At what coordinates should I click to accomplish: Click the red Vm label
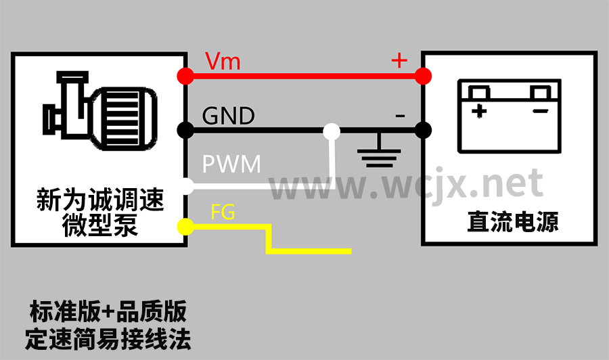[223, 62]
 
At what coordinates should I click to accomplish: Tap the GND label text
[228, 116]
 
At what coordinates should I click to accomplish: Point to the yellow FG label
[223, 212]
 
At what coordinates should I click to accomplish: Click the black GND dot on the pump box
[183, 129]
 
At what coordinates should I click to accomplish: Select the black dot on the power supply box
[424, 129]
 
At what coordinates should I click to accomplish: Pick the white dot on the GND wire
[332, 130]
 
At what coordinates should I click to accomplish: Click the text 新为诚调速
[99, 201]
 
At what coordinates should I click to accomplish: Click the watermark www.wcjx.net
[406, 183]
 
